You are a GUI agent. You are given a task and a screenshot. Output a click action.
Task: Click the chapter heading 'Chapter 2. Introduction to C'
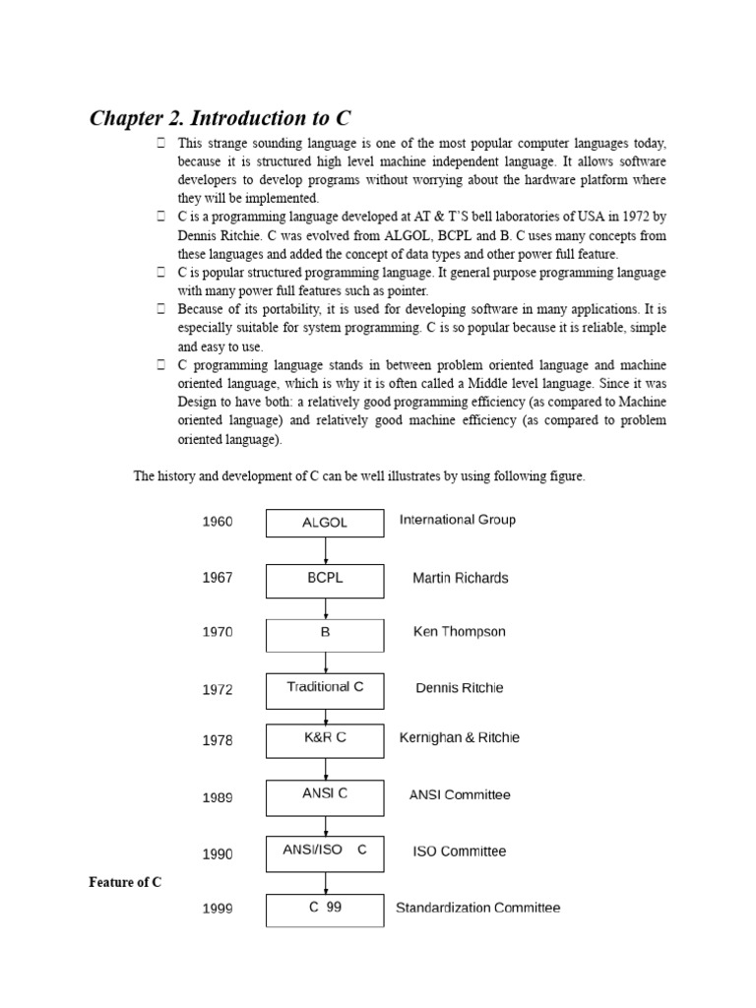220,119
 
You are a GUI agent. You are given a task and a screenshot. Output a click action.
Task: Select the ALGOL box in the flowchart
325,523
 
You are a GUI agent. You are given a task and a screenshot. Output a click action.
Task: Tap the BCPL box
325,580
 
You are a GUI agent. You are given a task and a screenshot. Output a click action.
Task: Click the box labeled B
325,635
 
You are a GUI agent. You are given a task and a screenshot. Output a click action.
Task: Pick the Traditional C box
325,690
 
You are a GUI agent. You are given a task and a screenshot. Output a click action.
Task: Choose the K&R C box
325,740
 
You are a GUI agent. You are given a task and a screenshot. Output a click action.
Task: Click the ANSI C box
325,796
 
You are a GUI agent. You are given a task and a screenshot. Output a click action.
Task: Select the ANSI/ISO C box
325,853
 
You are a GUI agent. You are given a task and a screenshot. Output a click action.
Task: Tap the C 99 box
325,910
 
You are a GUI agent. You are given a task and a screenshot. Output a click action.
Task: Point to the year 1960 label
218,522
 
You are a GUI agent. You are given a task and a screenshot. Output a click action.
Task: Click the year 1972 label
218,690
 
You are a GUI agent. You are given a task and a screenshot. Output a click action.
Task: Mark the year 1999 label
218,910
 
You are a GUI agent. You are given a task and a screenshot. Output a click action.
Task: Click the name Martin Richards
460,578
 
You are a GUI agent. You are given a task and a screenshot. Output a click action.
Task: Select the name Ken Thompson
459,632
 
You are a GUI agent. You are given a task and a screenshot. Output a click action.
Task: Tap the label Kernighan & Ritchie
459,737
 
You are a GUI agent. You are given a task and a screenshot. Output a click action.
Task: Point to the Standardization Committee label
477,908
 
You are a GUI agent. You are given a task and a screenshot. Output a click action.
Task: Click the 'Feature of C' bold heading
126,883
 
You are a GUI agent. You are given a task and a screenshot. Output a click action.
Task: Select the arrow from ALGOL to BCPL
325,551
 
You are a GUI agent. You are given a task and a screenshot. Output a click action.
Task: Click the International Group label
457,520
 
